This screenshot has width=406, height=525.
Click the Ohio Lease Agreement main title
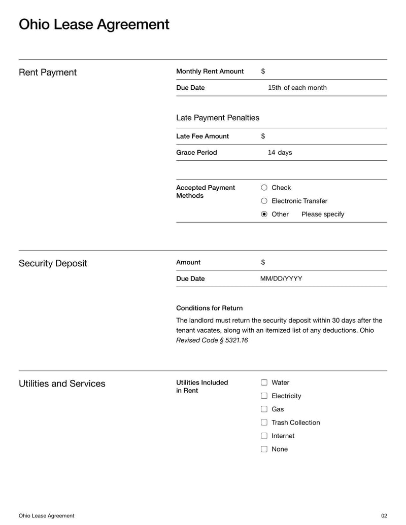tap(94, 24)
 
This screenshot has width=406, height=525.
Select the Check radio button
tap(264, 188)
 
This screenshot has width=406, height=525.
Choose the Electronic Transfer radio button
tap(264, 201)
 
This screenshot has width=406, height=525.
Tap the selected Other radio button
tap(264, 214)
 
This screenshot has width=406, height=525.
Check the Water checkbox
tap(264, 382)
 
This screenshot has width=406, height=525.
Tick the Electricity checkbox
tap(264, 396)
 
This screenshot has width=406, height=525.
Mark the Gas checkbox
tap(264, 409)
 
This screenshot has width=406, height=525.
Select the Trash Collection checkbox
tap(264, 423)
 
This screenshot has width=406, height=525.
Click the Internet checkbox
tap(264, 436)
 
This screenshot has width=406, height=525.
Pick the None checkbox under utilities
tap(264, 449)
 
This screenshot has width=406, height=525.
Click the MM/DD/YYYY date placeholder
tap(281, 278)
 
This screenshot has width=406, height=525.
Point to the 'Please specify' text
tap(322, 214)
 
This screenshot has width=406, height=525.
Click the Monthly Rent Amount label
tap(210, 72)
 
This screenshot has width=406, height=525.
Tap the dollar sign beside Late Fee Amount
tap(263, 136)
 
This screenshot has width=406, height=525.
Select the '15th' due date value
tap(274, 88)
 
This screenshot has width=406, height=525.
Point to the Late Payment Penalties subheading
tap(217, 118)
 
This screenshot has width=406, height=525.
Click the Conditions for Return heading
tap(209, 308)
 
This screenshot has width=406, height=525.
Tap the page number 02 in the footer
tap(384, 516)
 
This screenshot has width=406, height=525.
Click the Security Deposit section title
tap(53, 263)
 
